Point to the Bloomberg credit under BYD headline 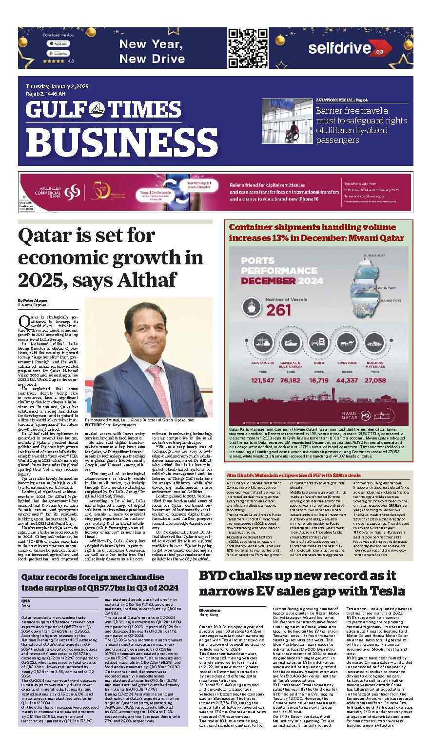click(x=208, y=610)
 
